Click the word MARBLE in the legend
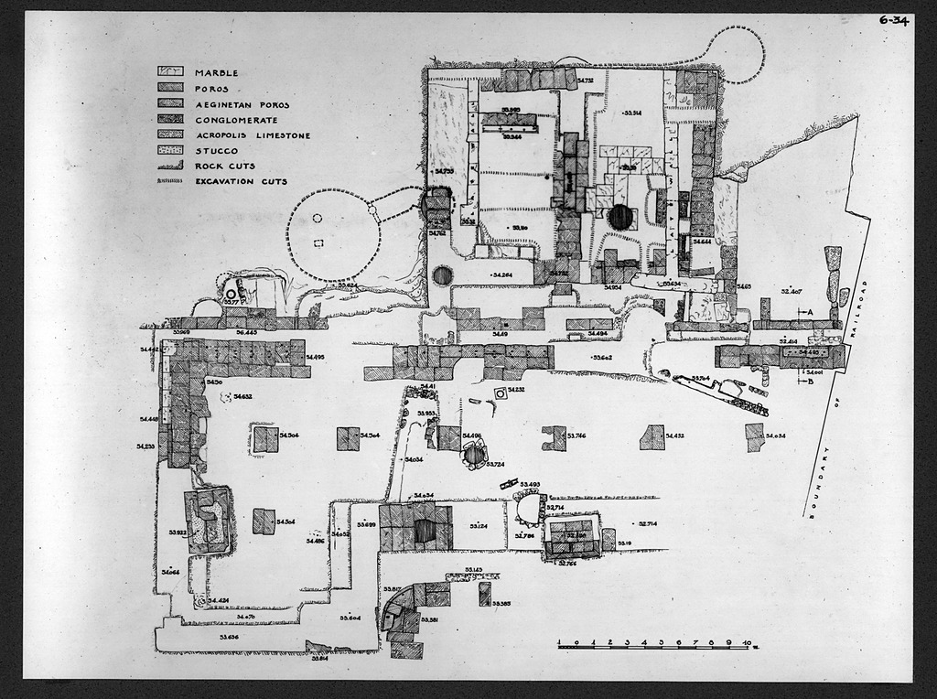(216, 73)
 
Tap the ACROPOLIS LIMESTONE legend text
(252, 135)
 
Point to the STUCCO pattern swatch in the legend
(172, 151)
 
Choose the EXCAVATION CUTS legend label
(241, 182)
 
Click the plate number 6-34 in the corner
(893, 20)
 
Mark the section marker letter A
(811, 312)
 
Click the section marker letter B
(811, 382)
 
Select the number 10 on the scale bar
(748, 642)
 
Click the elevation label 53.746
(576, 436)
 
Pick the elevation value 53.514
(631, 113)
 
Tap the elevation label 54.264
(501, 275)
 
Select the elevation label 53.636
(228, 637)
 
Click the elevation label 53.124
(479, 526)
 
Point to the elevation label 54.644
(703, 242)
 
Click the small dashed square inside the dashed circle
(318, 243)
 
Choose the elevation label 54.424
(218, 600)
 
